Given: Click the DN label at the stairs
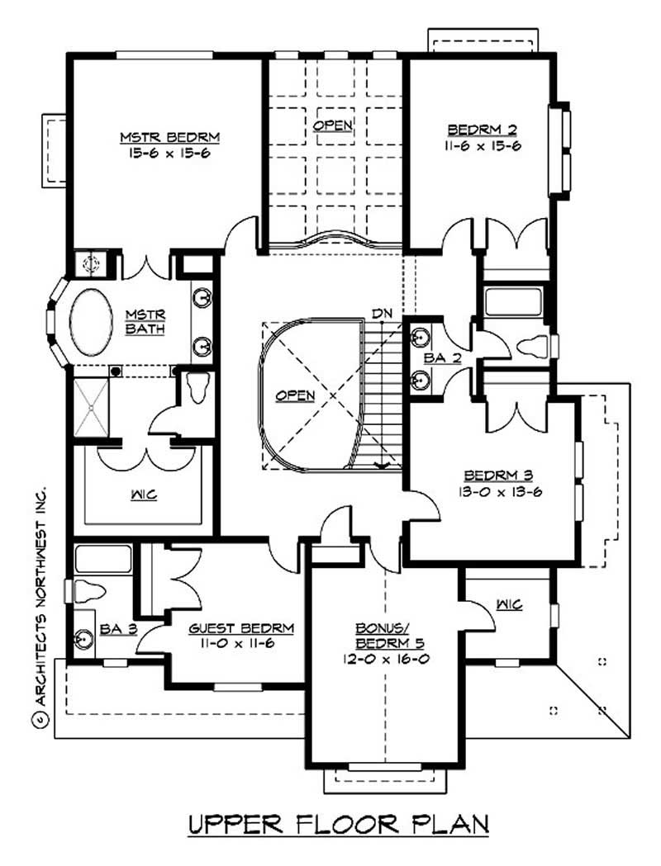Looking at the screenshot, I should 381,313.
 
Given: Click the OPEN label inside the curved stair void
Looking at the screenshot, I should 296,395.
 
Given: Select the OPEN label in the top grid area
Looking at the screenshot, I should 333,125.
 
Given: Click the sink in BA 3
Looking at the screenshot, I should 84,639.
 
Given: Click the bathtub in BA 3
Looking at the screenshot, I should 102,559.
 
